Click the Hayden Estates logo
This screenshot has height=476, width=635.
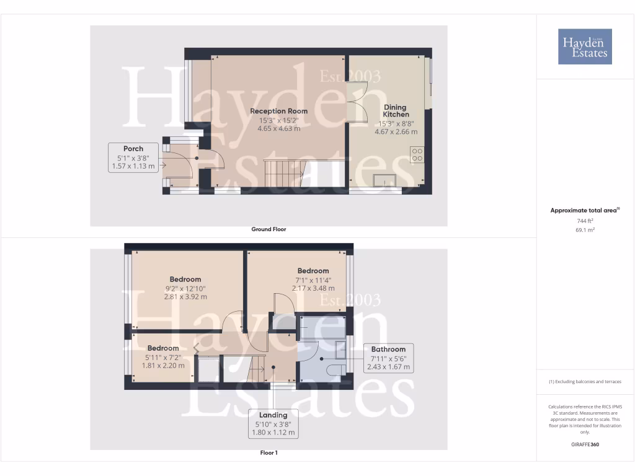click(584, 46)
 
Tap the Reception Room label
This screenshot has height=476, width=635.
click(278, 111)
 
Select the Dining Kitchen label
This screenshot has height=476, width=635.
click(396, 110)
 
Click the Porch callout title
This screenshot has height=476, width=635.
click(133, 149)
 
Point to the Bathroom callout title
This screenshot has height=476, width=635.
click(388, 349)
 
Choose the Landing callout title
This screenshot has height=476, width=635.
click(273, 415)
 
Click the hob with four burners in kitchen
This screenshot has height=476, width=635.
click(417, 154)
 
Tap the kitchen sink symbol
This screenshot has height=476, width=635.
click(385, 180)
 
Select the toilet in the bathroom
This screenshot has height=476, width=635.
click(336, 370)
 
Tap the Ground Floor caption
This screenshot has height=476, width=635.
click(269, 229)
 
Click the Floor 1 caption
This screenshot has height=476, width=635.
click(269, 453)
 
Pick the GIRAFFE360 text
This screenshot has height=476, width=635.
click(585, 444)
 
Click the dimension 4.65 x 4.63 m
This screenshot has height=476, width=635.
click(278, 128)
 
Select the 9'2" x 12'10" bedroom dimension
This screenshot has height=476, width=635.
click(185, 288)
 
